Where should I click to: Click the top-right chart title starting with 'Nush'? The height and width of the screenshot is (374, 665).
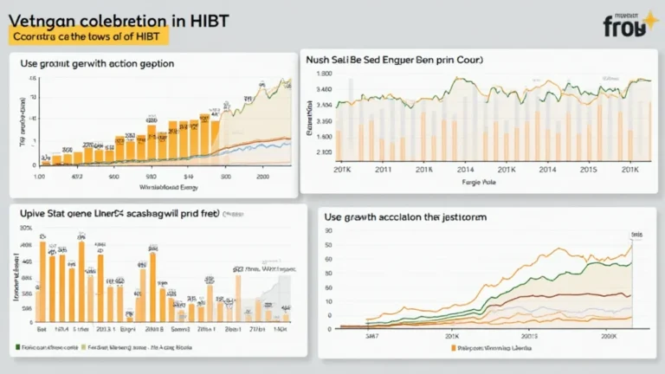click(x=394, y=61)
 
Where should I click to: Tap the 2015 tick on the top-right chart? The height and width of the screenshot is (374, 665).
click(x=588, y=169)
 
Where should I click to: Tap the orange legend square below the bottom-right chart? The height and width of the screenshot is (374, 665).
click(x=452, y=347)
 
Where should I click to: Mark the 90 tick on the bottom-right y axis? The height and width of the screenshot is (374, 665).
click(x=328, y=231)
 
